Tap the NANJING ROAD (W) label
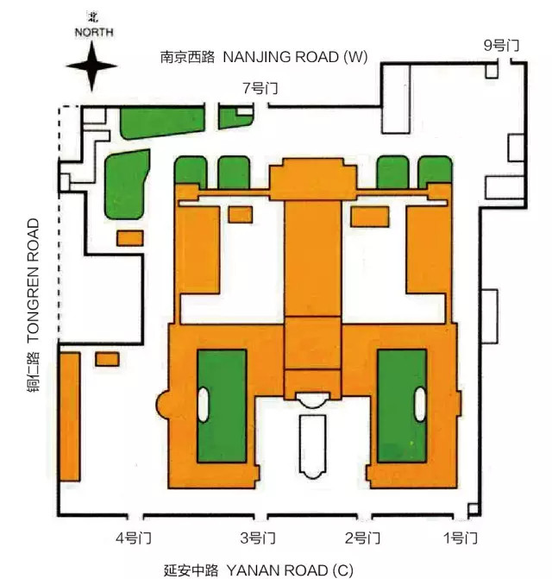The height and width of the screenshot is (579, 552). (x=295, y=57)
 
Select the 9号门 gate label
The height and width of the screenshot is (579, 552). (x=501, y=45)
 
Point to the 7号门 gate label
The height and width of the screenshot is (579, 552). (x=260, y=88)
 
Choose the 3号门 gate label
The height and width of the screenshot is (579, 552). (x=257, y=538)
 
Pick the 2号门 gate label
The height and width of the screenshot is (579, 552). (x=361, y=538)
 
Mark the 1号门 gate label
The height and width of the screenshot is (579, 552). (x=459, y=538)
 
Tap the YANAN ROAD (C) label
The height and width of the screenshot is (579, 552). (x=289, y=570)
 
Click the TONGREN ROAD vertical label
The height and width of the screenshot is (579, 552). (x=33, y=277)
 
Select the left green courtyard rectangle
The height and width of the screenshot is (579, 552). (x=222, y=406)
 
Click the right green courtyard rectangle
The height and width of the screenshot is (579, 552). (x=402, y=406)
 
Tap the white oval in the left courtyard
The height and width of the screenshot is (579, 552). (x=204, y=404)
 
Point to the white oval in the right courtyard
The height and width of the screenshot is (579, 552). (x=420, y=404)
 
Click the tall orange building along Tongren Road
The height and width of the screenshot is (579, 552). (x=69, y=415)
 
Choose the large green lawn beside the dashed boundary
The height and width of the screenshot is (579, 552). (x=126, y=184)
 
